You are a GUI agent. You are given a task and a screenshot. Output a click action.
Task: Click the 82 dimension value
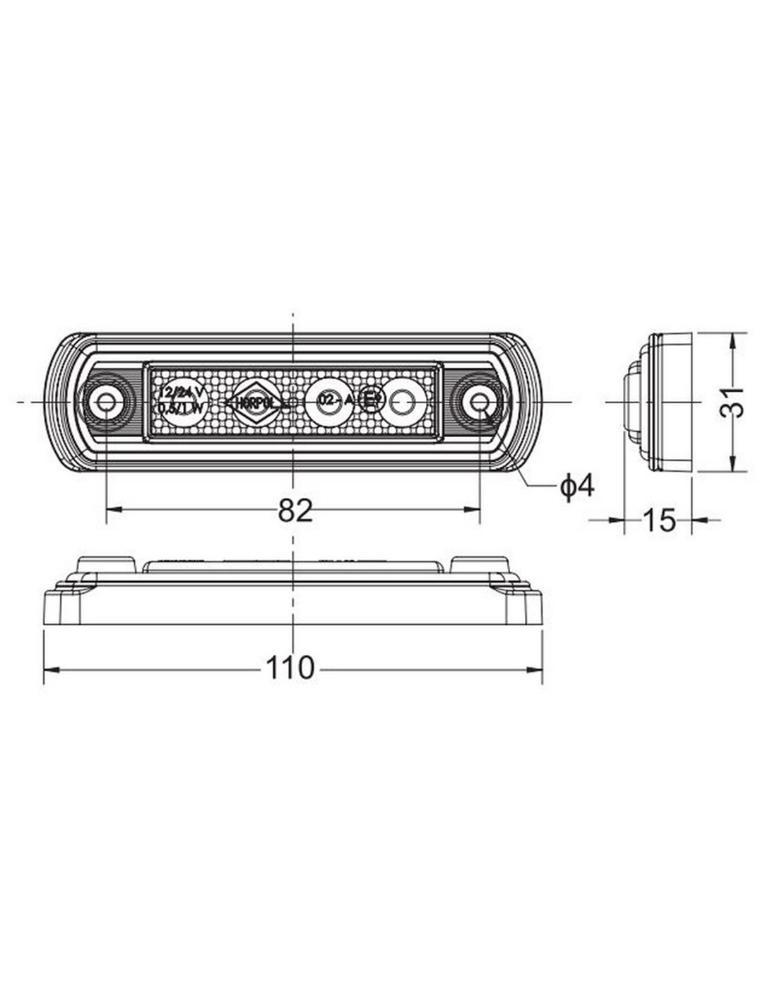coord(295,510)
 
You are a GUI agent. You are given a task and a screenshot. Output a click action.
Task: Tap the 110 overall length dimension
coord(290,667)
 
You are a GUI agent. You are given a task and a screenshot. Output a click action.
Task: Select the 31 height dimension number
coord(735,402)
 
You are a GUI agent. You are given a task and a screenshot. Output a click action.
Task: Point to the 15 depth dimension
coord(660,520)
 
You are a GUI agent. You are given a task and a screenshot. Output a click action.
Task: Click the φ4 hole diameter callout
coord(577,486)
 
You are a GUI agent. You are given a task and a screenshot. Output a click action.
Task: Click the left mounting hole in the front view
coord(106,402)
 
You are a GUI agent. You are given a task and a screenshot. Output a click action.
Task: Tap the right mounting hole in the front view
coord(480,402)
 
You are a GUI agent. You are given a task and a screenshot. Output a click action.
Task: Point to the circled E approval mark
coord(371,402)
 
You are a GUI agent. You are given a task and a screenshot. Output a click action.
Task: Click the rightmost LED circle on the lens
coord(403,402)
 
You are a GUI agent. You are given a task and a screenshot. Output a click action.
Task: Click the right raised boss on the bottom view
coord(480,565)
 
